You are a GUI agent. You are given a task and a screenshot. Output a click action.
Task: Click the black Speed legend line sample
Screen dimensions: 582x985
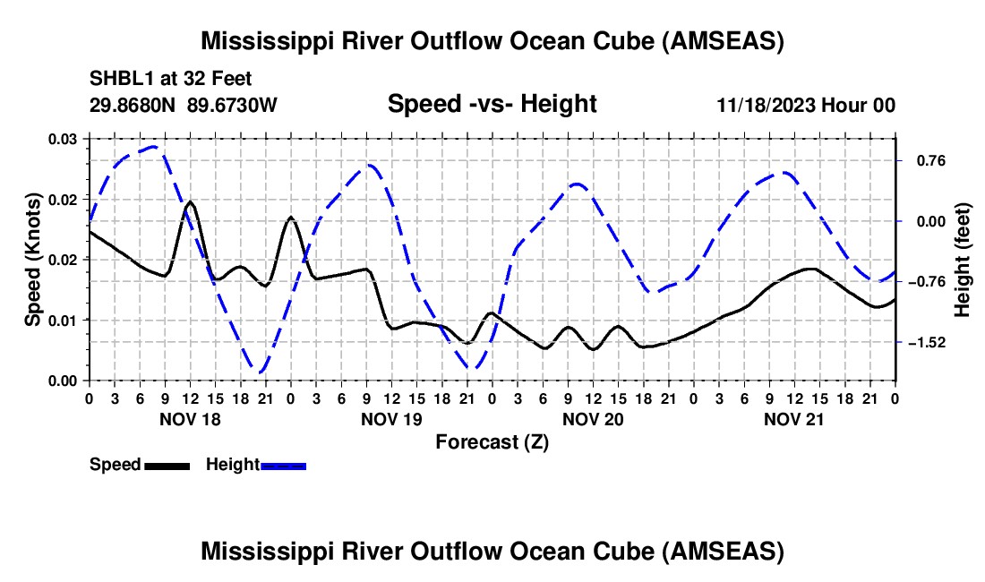166,466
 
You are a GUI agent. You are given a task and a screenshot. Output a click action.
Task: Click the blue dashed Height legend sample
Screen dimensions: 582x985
283,466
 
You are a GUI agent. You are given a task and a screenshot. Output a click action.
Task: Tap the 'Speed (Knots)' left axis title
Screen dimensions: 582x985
33,260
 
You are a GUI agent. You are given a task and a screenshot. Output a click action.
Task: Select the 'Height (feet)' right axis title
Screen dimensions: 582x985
963,260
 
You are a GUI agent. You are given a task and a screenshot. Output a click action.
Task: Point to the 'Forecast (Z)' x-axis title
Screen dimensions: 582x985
492,441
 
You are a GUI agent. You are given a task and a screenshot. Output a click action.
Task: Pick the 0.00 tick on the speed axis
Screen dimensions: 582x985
64,381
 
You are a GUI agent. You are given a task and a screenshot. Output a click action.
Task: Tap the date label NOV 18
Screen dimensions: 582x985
189,419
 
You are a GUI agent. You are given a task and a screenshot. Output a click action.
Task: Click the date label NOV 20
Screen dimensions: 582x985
593,419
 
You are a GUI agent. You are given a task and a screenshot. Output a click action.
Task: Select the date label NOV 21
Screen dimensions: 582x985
794,419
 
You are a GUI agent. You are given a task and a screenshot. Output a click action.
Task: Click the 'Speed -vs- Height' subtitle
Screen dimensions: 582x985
492,104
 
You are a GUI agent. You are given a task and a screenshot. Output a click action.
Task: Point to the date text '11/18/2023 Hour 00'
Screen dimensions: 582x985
806,106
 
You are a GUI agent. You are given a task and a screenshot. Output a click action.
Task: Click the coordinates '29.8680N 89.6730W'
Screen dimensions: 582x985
184,106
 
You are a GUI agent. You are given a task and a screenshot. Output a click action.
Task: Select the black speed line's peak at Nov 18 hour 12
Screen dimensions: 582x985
190,202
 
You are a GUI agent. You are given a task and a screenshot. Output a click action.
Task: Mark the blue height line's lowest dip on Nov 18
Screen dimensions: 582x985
259,372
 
